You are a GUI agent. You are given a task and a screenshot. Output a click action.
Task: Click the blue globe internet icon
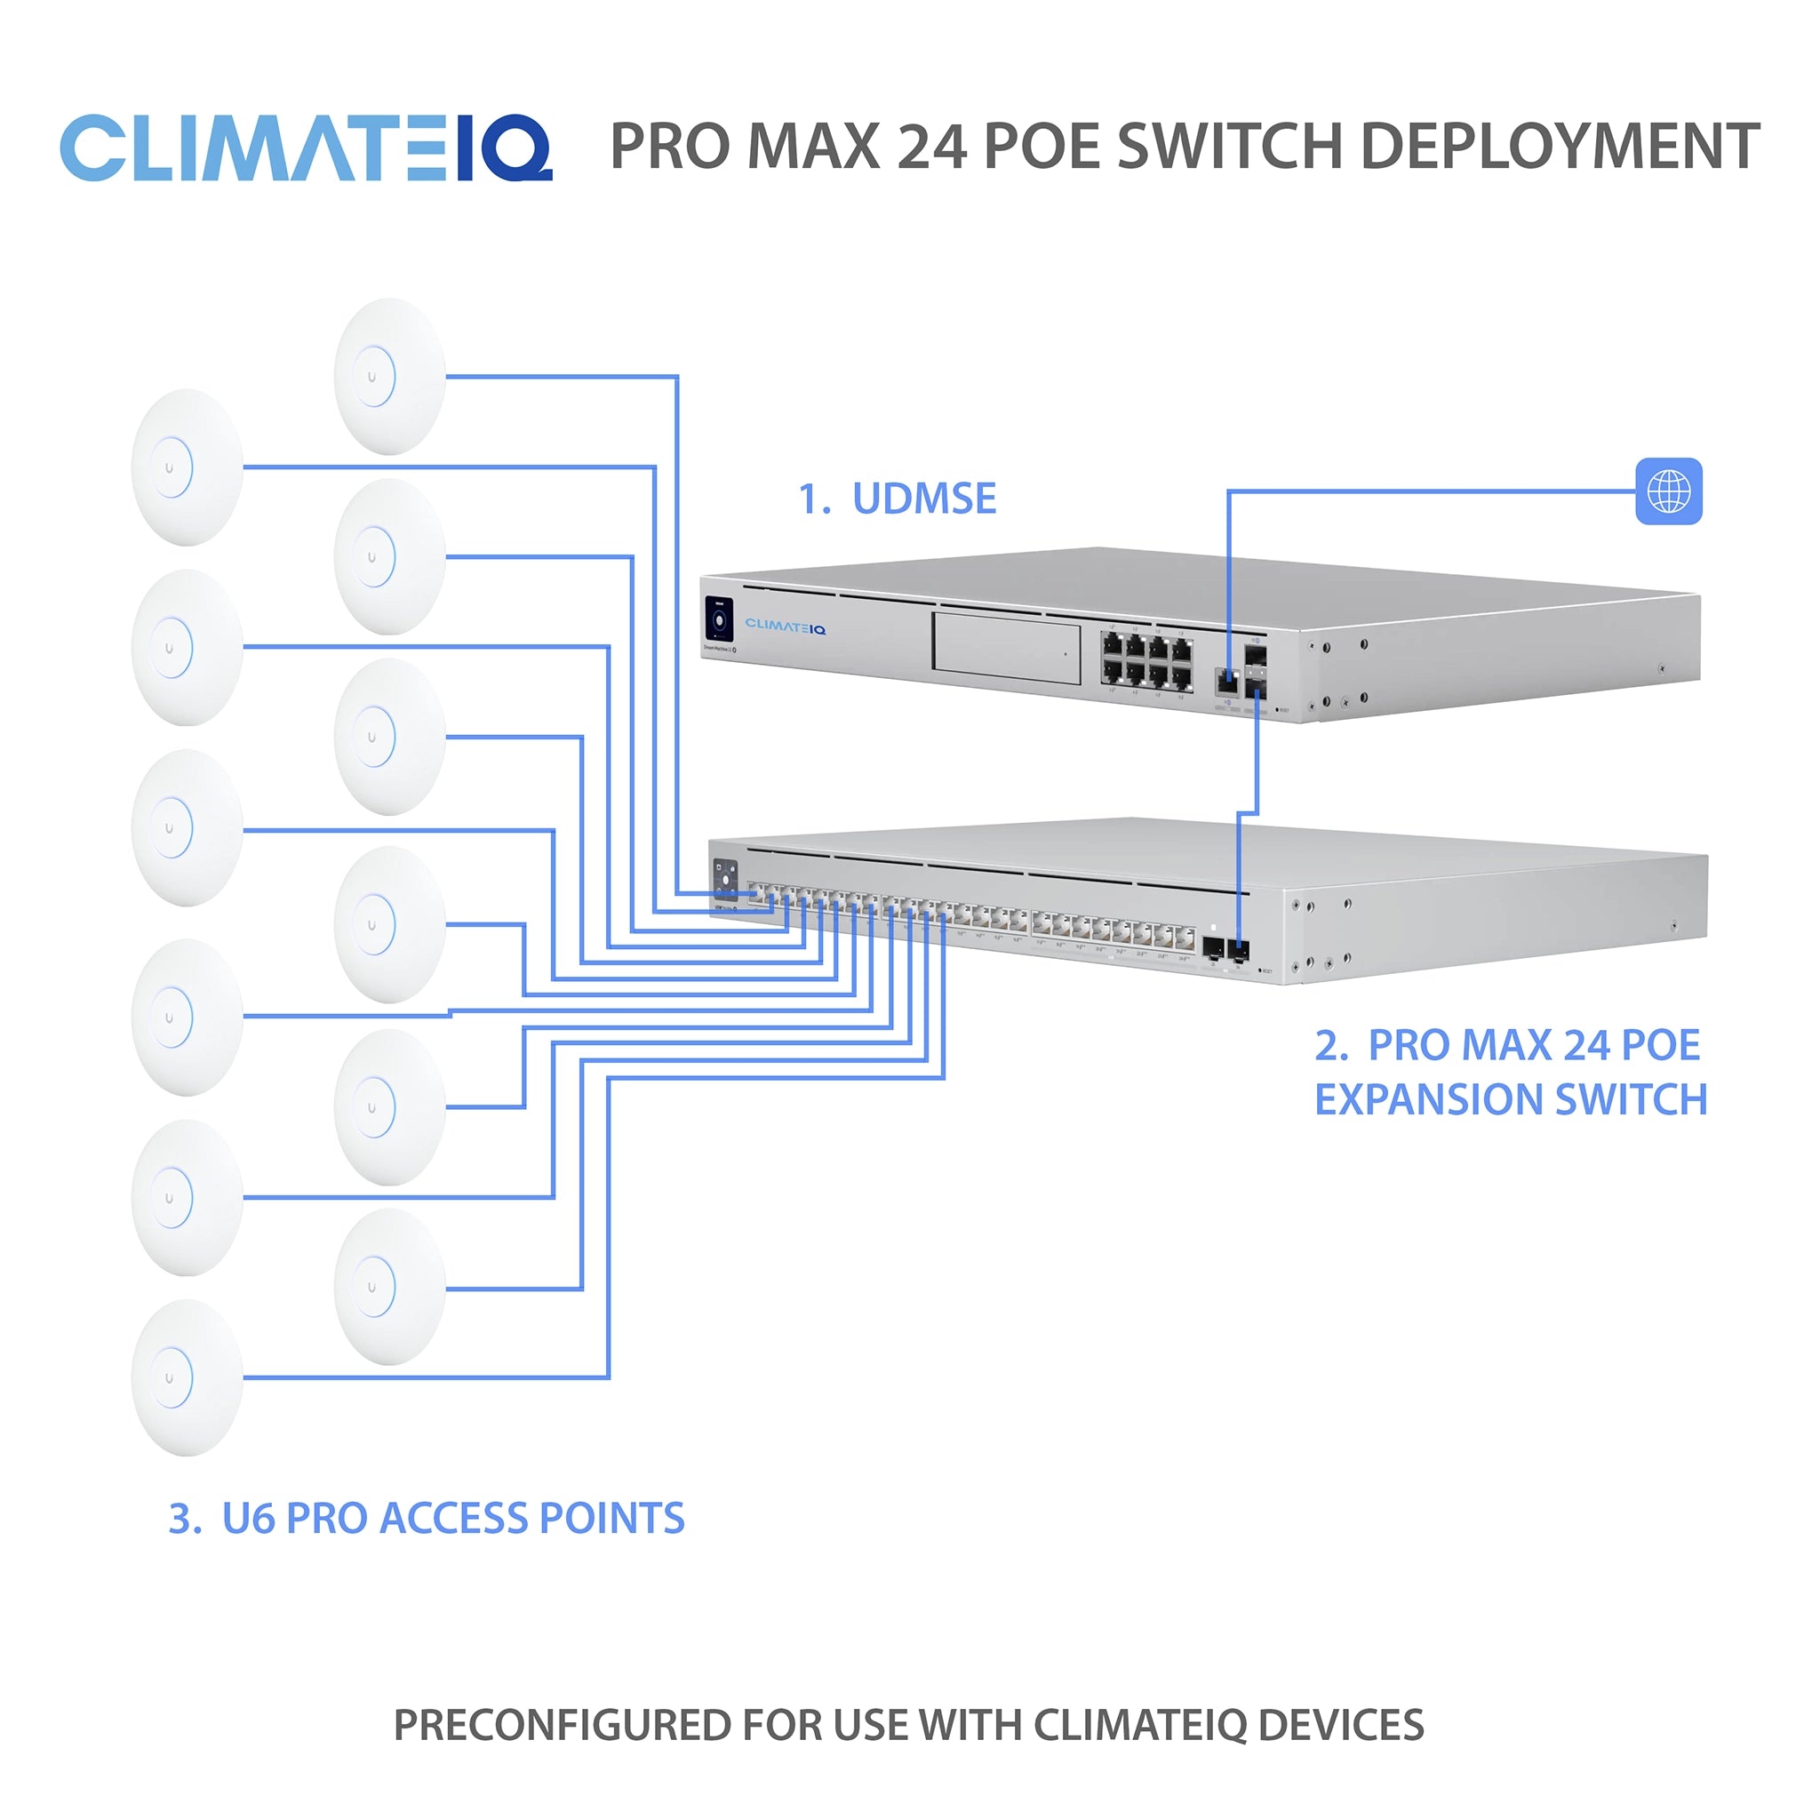point(1668,491)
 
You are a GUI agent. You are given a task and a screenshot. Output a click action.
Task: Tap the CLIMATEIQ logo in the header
point(307,148)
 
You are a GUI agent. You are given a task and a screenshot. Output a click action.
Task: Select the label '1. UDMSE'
point(897,499)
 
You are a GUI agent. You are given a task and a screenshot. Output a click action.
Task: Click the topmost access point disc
point(390,377)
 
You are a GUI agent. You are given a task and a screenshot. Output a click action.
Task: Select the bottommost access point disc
point(188,1377)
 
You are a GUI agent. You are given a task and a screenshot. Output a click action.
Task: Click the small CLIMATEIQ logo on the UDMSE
point(785,627)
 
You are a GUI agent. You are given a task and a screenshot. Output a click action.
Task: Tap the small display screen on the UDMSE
point(720,620)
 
